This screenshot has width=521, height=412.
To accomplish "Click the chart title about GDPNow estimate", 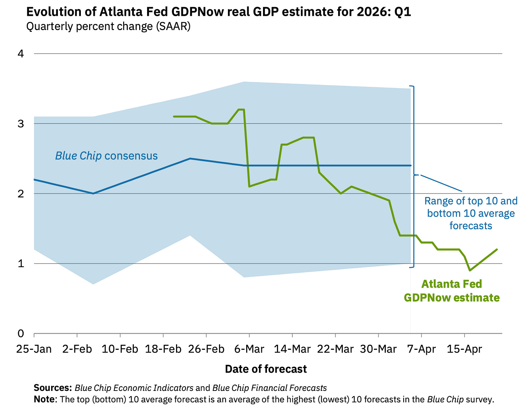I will [219, 12].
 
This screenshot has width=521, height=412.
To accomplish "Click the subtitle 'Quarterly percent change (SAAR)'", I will [108, 26].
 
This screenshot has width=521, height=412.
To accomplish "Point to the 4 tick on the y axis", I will [21, 54].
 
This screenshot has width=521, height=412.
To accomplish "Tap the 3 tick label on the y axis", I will [21, 124].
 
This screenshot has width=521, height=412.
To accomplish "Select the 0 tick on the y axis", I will [21, 334].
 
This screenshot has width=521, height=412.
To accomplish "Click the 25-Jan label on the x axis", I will [34, 349].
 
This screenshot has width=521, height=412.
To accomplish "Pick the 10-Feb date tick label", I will [120, 349].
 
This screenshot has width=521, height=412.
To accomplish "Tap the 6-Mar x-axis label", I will [249, 349].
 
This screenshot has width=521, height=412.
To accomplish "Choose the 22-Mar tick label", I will [335, 349].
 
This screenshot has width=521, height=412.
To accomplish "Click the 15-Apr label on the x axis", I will [464, 349].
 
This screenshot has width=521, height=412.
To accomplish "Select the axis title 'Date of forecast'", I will [266, 369].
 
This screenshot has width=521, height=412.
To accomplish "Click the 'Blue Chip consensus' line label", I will [106, 156].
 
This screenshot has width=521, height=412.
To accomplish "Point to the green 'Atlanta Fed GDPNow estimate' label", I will [452, 291].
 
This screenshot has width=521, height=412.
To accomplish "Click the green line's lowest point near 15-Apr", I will [470, 270].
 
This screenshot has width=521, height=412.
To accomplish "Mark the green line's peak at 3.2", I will [241, 109].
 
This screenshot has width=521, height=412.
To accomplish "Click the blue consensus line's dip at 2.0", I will [93, 193].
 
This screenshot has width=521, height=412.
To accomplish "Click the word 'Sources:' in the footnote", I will [53, 388].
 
